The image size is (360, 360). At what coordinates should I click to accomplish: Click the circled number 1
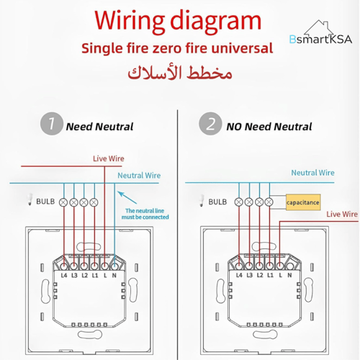(50, 125)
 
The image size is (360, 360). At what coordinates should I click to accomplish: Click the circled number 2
(211, 125)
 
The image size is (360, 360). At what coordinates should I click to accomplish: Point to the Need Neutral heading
(99, 126)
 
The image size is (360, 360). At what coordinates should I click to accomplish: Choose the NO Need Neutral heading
(269, 126)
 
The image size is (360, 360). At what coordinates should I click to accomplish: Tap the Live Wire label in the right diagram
(342, 214)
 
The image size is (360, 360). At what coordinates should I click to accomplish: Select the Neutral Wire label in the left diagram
(139, 175)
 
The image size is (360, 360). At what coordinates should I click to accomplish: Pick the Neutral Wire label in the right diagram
(312, 173)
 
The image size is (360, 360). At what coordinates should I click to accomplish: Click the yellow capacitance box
(302, 203)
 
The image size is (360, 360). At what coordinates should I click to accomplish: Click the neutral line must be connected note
(146, 214)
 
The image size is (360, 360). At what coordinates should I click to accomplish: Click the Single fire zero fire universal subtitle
(177, 49)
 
